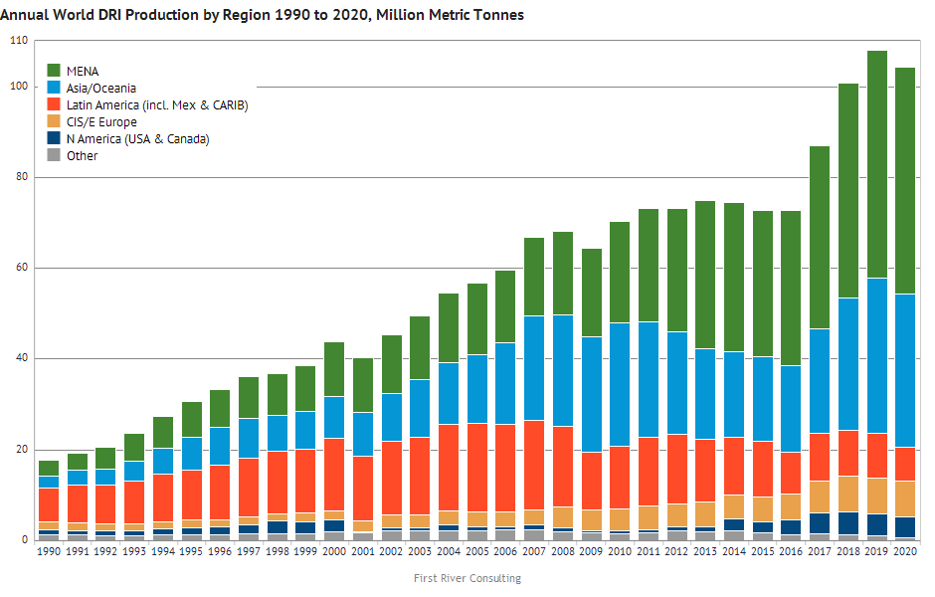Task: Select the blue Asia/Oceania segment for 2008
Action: [563, 370]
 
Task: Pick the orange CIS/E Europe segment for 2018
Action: [847, 494]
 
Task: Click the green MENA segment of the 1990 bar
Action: [48, 469]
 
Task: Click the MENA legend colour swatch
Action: [55, 72]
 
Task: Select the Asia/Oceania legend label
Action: [100, 89]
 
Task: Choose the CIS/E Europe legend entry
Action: [100, 122]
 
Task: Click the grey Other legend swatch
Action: [55, 156]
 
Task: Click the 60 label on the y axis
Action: [20, 269]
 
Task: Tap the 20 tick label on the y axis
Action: [20, 450]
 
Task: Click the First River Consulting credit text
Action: [467, 578]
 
